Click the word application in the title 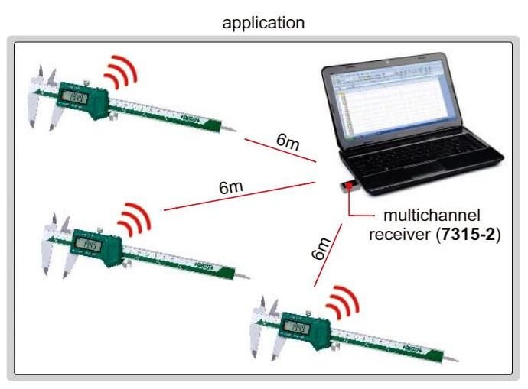(x=263, y=22)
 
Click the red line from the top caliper (x=279, y=151)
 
